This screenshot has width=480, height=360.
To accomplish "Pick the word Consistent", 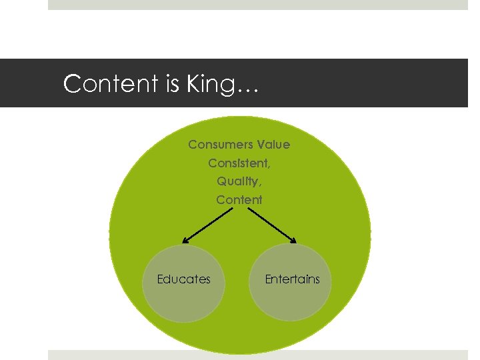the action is click(237, 163).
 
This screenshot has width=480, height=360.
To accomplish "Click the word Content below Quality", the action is click(239, 199).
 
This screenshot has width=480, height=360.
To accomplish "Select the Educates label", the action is click(183, 279).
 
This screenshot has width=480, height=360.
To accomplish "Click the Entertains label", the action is click(292, 279).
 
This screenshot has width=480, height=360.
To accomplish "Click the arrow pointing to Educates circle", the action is click(207, 225).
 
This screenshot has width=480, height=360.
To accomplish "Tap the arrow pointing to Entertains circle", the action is click(272, 225).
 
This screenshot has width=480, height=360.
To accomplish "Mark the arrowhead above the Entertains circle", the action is click(293, 240).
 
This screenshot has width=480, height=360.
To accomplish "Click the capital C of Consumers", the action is click(192, 145).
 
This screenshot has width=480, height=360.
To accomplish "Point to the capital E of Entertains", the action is click(268, 279).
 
